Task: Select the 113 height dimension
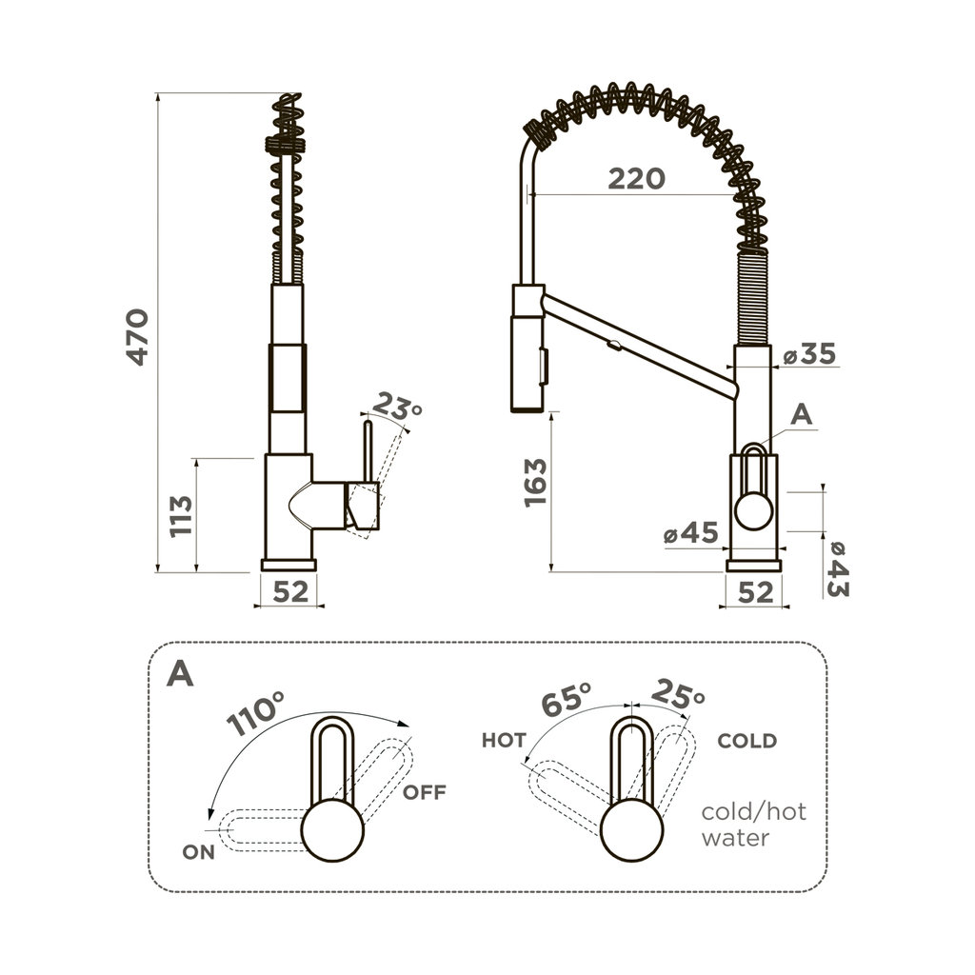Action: tap(181, 516)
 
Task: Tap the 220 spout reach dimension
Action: tap(637, 178)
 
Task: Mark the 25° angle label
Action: tap(678, 695)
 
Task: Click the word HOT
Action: tap(504, 740)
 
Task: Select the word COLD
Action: tap(746, 740)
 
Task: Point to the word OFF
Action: tap(424, 792)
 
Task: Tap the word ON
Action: tap(199, 852)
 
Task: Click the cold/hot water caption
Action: tap(753, 825)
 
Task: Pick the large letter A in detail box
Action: tap(180, 673)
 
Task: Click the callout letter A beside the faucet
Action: tap(802, 414)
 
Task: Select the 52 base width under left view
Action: tap(290, 591)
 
